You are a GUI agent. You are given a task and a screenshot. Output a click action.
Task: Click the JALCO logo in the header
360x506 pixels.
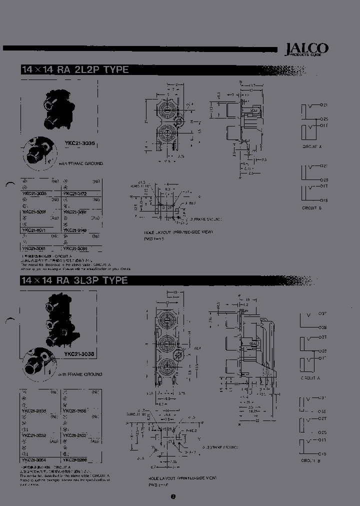[306, 49]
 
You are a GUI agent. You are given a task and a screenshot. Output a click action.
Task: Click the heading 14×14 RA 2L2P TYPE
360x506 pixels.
[75, 70]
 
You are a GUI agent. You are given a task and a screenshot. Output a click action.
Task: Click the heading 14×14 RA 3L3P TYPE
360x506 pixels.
[74, 280]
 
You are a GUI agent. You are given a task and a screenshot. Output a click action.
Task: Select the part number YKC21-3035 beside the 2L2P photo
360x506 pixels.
[80, 143]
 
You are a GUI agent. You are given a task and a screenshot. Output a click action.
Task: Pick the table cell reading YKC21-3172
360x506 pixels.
[75, 193]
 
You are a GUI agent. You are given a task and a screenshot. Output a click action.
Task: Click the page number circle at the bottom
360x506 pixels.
[173, 496]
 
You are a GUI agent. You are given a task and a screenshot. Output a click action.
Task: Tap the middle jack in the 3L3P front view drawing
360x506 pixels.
[166, 343]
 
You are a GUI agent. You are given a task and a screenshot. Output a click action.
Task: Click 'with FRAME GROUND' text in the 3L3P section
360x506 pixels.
[80, 374]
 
